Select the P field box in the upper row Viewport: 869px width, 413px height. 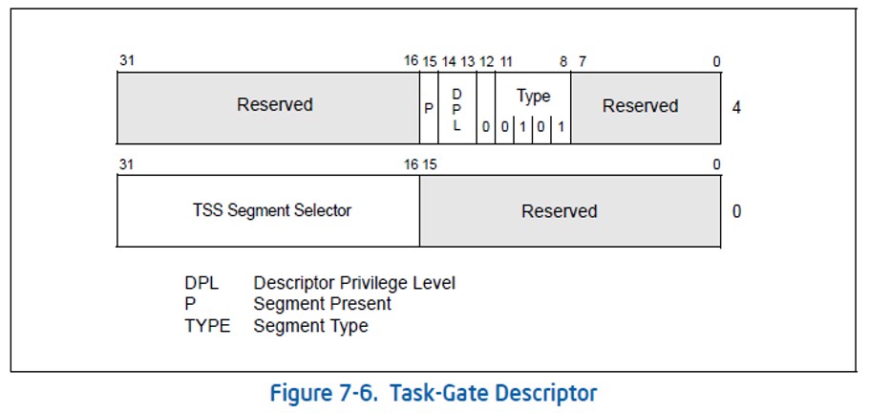[429, 108]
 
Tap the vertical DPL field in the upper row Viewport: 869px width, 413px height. [456, 108]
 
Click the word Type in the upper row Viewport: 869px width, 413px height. [533, 96]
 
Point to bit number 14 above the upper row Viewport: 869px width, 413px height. [449, 62]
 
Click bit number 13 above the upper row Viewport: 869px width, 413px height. [467, 62]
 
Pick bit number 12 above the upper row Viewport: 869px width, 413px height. [486, 62]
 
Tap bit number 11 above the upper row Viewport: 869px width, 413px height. [506, 62]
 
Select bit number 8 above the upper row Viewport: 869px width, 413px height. [563, 62]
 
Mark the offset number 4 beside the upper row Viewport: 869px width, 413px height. [736, 107]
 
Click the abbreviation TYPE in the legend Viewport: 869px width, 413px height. [207, 326]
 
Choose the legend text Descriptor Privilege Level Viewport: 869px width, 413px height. [354, 283]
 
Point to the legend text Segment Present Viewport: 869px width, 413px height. [323, 304]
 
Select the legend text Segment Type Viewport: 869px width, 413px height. [310, 326]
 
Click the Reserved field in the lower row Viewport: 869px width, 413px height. [559, 210]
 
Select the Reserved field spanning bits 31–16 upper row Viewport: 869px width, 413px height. [274, 105]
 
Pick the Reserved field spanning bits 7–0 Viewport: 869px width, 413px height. [640, 105]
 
